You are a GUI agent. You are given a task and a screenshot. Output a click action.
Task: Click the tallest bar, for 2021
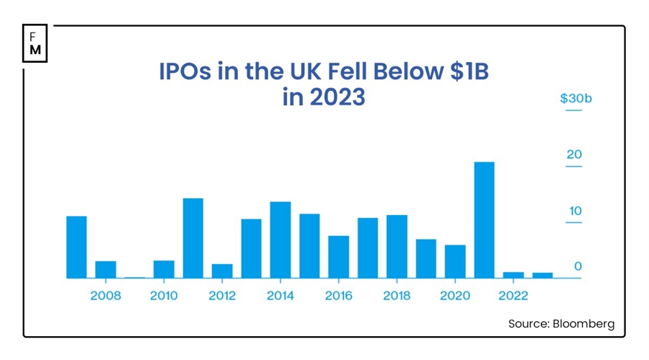pyautogui.click(x=484, y=220)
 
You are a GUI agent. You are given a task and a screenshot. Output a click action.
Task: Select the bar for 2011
pyautogui.click(x=193, y=238)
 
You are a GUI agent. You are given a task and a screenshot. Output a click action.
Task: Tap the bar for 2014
pyautogui.click(x=280, y=240)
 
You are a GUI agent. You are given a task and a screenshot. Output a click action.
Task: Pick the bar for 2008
pyautogui.click(x=106, y=269)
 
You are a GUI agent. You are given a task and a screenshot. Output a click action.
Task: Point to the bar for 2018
pyautogui.click(x=397, y=246)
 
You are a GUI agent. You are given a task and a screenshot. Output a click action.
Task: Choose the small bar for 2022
pyautogui.click(x=513, y=275)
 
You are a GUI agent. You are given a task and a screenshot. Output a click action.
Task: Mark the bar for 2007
pyautogui.click(x=76, y=247)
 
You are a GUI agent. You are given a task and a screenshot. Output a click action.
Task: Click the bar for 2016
pyautogui.click(x=338, y=257)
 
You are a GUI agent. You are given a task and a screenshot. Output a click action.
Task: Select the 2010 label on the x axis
pyautogui.click(x=164, y=296)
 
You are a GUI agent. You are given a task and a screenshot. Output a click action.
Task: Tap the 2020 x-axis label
pyautogui.click(x=455, y=296)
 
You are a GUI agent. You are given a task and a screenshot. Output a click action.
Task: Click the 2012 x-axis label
pyautogui.click(x=222, y=296)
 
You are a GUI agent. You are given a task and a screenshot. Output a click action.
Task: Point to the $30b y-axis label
pyautogui.click(x=575, y=99)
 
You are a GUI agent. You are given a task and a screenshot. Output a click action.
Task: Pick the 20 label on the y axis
pyautogui.click(x=574, y=155)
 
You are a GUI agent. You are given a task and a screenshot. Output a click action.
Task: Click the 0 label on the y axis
pyautogui.click(x=578, y=267)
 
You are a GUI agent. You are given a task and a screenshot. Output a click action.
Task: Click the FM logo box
pyautogui.click(x=35, y=43)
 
